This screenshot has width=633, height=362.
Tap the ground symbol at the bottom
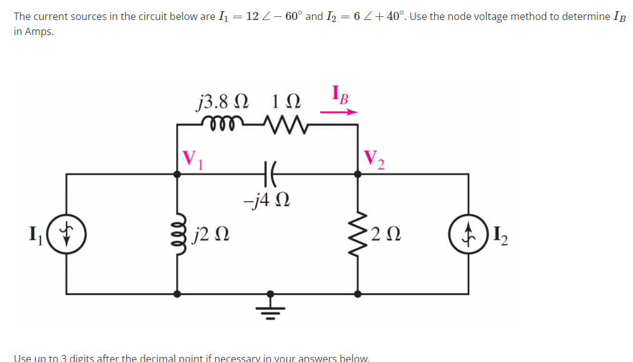tap(270, 306)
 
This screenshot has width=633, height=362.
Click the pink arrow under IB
tap(338, 113)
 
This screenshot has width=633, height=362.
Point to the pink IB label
tap(339, 97)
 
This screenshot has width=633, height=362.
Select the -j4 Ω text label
tap(265, 201)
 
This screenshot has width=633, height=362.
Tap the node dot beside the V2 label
tap(358, 175)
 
